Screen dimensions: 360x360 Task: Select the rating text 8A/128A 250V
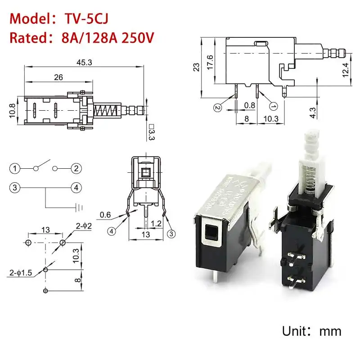pos(108,37)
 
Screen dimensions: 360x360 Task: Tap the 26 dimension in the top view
pos(58,77)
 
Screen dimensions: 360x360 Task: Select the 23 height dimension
pos(197,67)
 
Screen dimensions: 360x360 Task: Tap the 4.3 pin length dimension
pos(313,111)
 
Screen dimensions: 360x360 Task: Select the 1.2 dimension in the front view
pos(156,223)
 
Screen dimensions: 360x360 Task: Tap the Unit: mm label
pos(311,332)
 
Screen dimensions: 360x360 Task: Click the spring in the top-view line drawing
pos(108,110)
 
